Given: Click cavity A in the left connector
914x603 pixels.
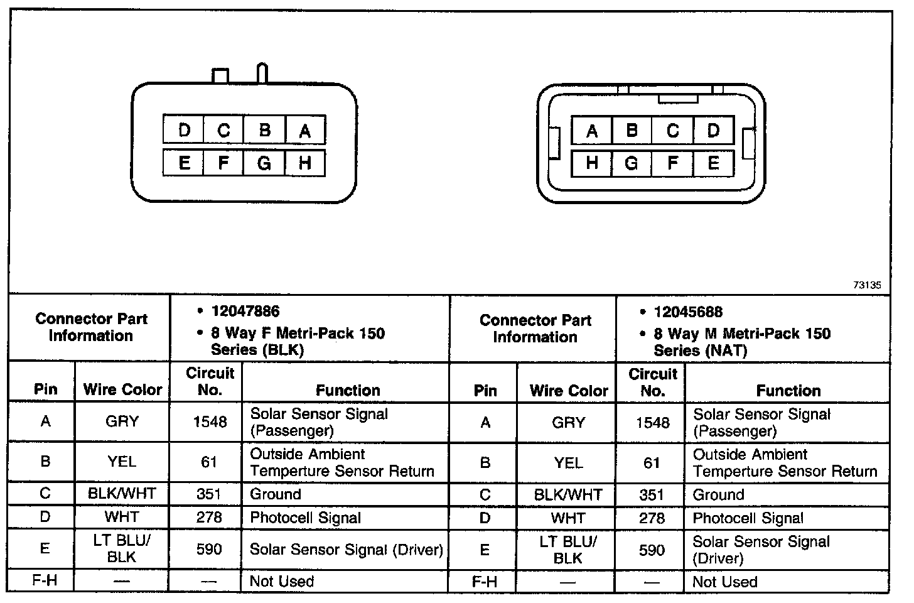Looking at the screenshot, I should pyautogui.click(x=305, y=130).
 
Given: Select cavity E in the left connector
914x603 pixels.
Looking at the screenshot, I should pyautogui.click(x=184, y=163).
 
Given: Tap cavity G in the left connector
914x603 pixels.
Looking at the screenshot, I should pyautogui.click(x=264, y=163).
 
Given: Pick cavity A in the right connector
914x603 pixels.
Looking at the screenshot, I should pyautogui.click(x=591, y=131).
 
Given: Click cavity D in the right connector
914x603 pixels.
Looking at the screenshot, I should pyautogui.click(x=713, y=131).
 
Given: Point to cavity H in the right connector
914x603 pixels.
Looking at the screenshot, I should pyautogui.click(x=591, y=163).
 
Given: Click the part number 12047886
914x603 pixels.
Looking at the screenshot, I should pyautogui.click(x=245, y=312).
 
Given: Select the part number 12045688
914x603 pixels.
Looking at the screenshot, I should pyautogui.click(x=688, y=312).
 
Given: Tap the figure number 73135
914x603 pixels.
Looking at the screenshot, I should pyautogui.click(x=867, y=285).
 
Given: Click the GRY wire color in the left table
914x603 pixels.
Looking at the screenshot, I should pyautogui.click(x=122, y=421).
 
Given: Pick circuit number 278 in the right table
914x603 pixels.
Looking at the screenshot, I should pyautogui.click(x=652, y=518).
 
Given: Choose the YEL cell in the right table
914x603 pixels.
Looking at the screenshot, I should pyautogui.click(x=568, y=463).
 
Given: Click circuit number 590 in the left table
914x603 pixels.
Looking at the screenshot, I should pyautogui.click(x=209, y=549).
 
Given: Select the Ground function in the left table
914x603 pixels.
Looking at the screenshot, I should pyautogui.click(x=276, y=494).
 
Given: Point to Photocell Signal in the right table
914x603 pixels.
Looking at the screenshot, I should pyautogui.click(x=748, y=519).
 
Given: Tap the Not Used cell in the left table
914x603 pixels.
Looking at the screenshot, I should pyautogui.click(x=281, y=581).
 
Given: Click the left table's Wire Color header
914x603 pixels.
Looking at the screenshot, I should pyautogui.click(x=122, y=390).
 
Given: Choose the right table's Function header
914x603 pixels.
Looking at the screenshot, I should pyautogui.click(x=788, y=391).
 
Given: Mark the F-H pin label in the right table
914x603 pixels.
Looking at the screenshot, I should pyautogui.click(x=484, y=582).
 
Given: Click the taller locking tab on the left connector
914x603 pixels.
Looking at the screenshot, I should pyautogui.click(x=262, y=73).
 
